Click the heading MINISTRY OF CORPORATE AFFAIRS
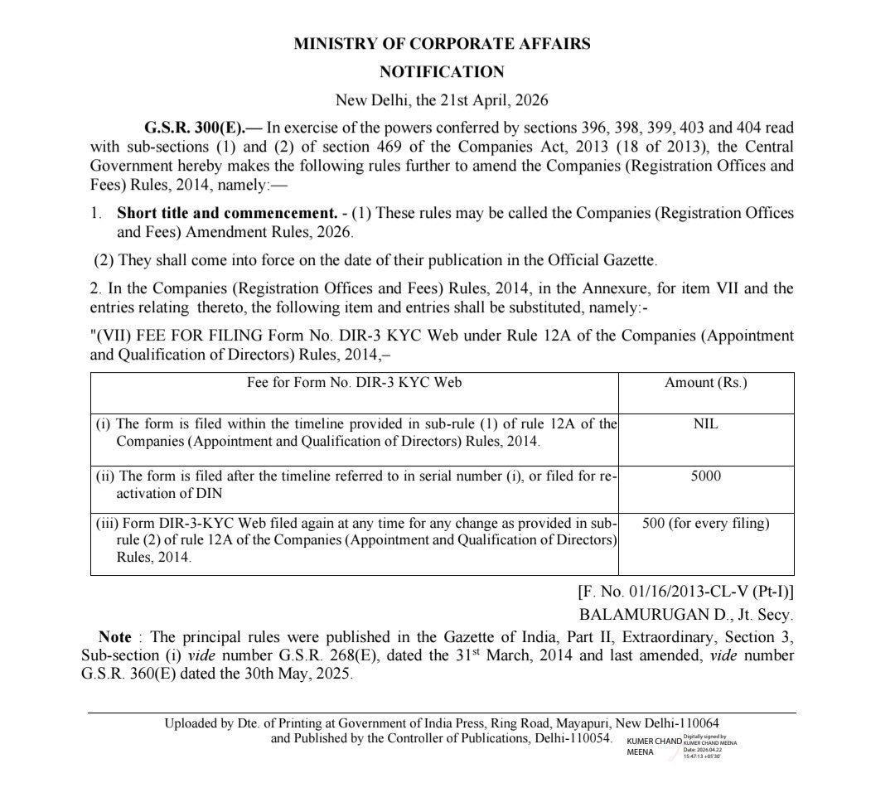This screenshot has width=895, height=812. coord(442,44)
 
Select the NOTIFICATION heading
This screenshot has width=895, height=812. coord(442,72)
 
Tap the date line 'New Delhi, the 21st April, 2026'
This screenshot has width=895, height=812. coord(442,100)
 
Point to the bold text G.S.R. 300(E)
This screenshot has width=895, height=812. coord(189,128)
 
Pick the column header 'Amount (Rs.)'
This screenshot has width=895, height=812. coord(705,383)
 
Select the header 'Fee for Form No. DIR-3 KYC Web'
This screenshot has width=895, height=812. coord(354,383)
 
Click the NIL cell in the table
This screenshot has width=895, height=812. coord(705,423)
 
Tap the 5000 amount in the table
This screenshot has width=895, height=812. coord(705,476)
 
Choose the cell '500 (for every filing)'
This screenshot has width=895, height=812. coord(705,524)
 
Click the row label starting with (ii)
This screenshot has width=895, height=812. coord(357,484)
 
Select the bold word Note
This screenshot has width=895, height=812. coord(114,637)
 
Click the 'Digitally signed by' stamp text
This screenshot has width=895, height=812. coord(705,736)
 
